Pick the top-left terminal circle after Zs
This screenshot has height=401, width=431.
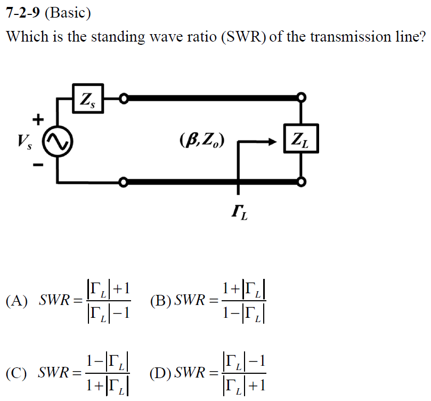pyautogui.click(x=124, y=98)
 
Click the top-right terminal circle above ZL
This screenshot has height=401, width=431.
pyautogui.click(x=302, y=98)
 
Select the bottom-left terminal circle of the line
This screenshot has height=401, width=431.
pyautogui.click(x=124, y=183)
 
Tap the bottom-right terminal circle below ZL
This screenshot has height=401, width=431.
pyautogui.click(x=302, y=182)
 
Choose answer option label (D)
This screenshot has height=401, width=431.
pyautogui.click(x=161, y=372)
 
